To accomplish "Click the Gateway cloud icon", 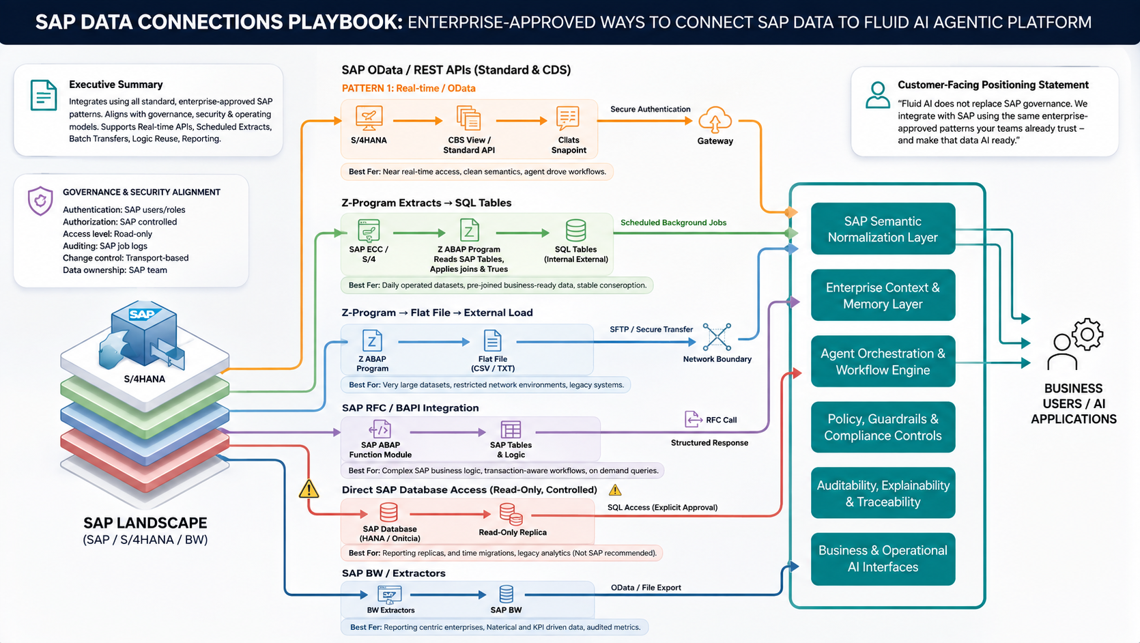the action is tap(715, 120).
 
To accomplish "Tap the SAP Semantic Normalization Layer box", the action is tap(883, 229).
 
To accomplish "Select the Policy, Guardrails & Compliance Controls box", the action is tap(883, 427).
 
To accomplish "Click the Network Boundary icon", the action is tap(717, 337).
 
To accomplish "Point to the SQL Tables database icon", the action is tap(575, 230).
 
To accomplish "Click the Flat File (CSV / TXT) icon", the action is tap(492, 341).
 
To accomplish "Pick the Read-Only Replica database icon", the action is tap(511, 514).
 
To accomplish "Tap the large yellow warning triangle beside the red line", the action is tap(309, 489).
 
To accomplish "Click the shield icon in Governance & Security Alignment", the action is tap(40, 201).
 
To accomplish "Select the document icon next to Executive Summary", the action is tap(43, 95).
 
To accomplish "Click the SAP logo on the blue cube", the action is tap(143, 314).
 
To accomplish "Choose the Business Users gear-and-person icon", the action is tap(1075, 345).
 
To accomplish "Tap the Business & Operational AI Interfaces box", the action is tap(883, 558).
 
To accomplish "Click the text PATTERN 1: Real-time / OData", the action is tap(409, 88).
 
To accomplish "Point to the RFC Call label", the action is tap(721, 420).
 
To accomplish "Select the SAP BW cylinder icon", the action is tap(506, 594).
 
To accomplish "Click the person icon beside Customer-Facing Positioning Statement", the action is tap(878, 95).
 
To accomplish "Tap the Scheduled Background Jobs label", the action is tap(673, 223).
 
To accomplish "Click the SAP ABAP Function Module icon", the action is tap(380, 429).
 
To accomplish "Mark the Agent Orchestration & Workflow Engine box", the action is tap(883, 361).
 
